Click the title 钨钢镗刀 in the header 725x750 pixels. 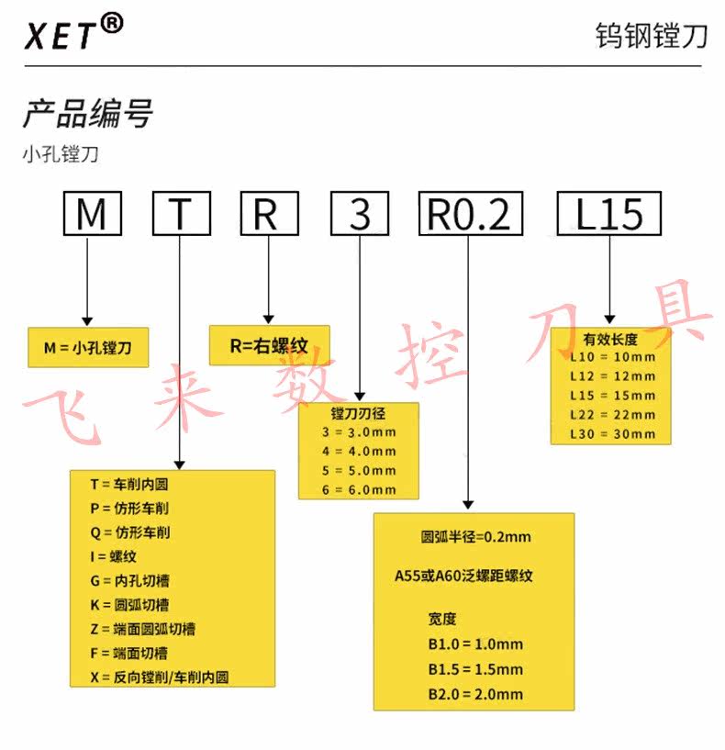click(652, 36)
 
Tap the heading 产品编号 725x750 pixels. click(87, 115)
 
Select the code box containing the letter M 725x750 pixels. click(92, 214)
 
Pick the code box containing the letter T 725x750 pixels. click(181, 214)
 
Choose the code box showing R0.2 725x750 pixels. click(470, 214)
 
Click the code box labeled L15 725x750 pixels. click(609, 214)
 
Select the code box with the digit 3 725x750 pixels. click(361, 214)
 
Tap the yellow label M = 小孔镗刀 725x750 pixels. click(88, 348)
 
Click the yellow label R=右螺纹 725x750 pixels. click(269, 345)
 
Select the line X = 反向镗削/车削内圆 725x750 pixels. click(158, 677)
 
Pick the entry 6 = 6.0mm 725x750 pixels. click(359, 489)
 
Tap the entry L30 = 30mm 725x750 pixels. click(612, 433)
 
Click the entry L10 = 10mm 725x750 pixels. click(612, 357)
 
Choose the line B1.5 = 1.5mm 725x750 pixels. click(475, 668)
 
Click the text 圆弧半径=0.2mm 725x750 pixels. click(475, 537)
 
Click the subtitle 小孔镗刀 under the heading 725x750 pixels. click(61, 154)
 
